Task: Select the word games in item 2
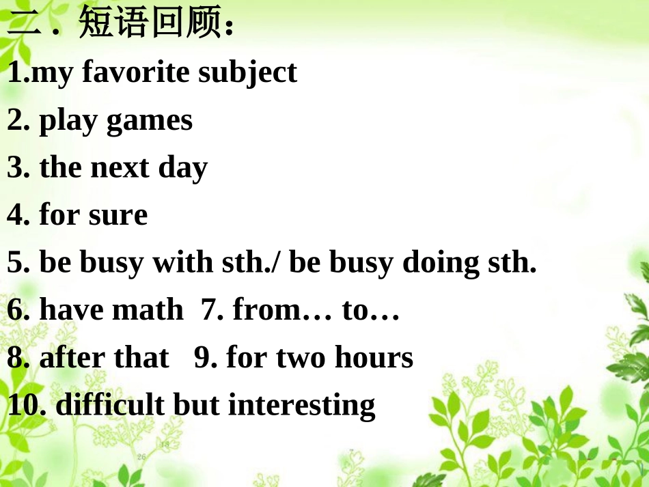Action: click(150, 122)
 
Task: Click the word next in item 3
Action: click(119, 168)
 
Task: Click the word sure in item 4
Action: click(118, 216)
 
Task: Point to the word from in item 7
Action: click(266, 311)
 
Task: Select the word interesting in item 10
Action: click(301, 406)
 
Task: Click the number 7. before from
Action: click(212, 311)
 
